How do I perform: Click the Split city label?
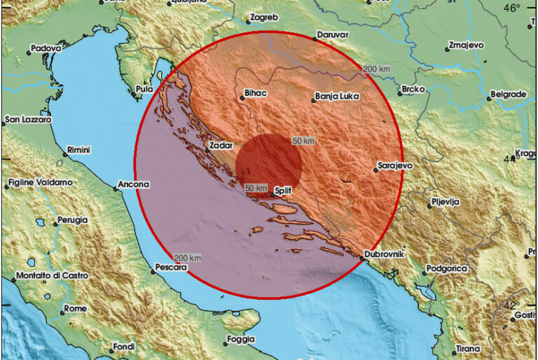click(x=282, y=190)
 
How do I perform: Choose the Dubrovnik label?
click(x=384, y=254)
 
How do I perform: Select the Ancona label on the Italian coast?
click(x=134, y=184)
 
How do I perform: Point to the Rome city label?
click(x=75, y=309)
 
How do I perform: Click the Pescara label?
click(x=171, y=268)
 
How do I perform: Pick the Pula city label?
click(x=143, y=90)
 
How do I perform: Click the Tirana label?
click(x=468, y=348)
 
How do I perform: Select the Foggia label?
click(x=239, y=341)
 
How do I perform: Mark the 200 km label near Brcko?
click(x=377, y=69)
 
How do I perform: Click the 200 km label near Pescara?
click(x=186, y=258)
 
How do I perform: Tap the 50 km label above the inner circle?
click(x=303, y=141)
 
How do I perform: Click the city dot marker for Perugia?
click(x=55, y=225)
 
